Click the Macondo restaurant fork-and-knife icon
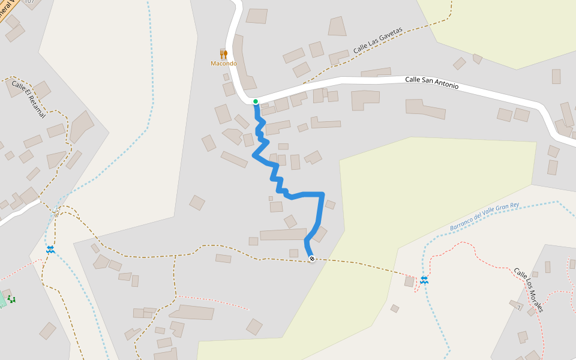223,55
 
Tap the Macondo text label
223,64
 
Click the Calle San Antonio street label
431,83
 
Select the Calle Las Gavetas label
377,41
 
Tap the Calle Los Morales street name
529,290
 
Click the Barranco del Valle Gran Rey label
484,217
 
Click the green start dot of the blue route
256,101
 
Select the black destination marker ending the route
312,259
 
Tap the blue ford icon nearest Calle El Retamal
50,249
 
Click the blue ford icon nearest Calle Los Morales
424,280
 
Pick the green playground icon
11,299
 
